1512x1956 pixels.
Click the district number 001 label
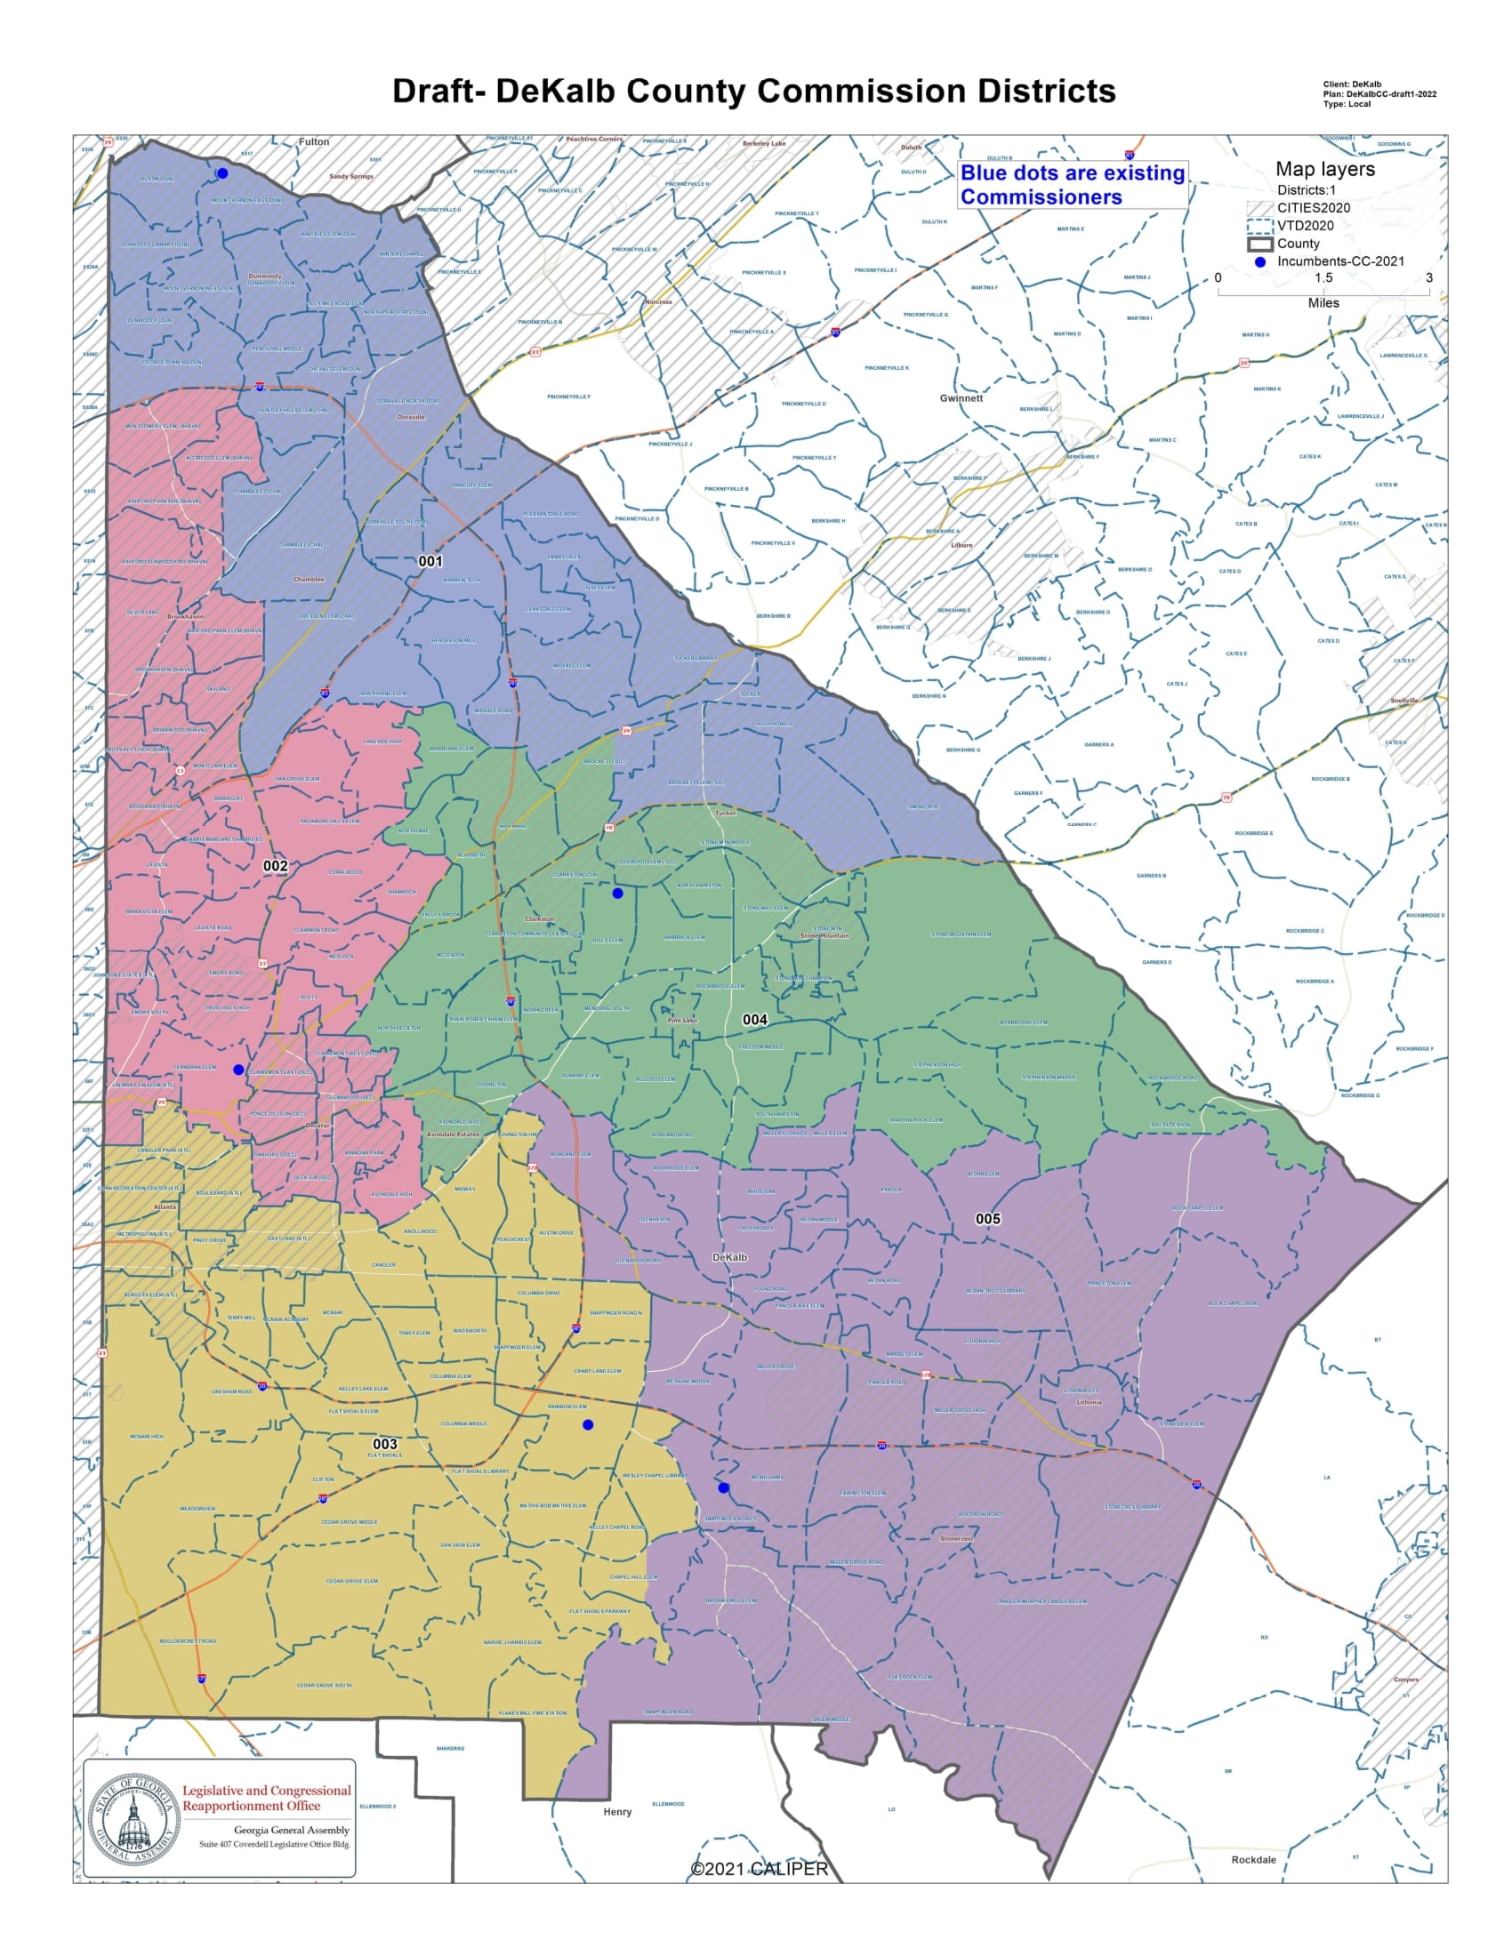pos(430,562)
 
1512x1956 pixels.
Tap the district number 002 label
pos(275,866)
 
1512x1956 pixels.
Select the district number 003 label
pos(384,1444)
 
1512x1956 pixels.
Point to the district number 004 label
pos(754,1019)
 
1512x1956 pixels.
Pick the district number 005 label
pos(987,1219)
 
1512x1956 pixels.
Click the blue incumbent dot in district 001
pos(222,173)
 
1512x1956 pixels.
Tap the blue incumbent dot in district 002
pos(238,1070)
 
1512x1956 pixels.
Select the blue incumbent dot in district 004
pos(617,894)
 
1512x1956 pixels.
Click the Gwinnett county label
pos(961,398)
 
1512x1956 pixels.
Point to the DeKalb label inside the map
pos(729,1257)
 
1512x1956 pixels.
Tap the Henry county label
pos(617,1812)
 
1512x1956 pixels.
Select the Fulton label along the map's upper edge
pos(313,141)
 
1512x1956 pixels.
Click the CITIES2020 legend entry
pos(1313,208)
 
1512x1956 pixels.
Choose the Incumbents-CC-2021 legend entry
pos(1340,261)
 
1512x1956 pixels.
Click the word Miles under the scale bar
pos(1323,303)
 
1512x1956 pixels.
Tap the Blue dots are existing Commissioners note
pos(1073,186)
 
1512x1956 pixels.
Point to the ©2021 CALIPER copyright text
pos(759,1870)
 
